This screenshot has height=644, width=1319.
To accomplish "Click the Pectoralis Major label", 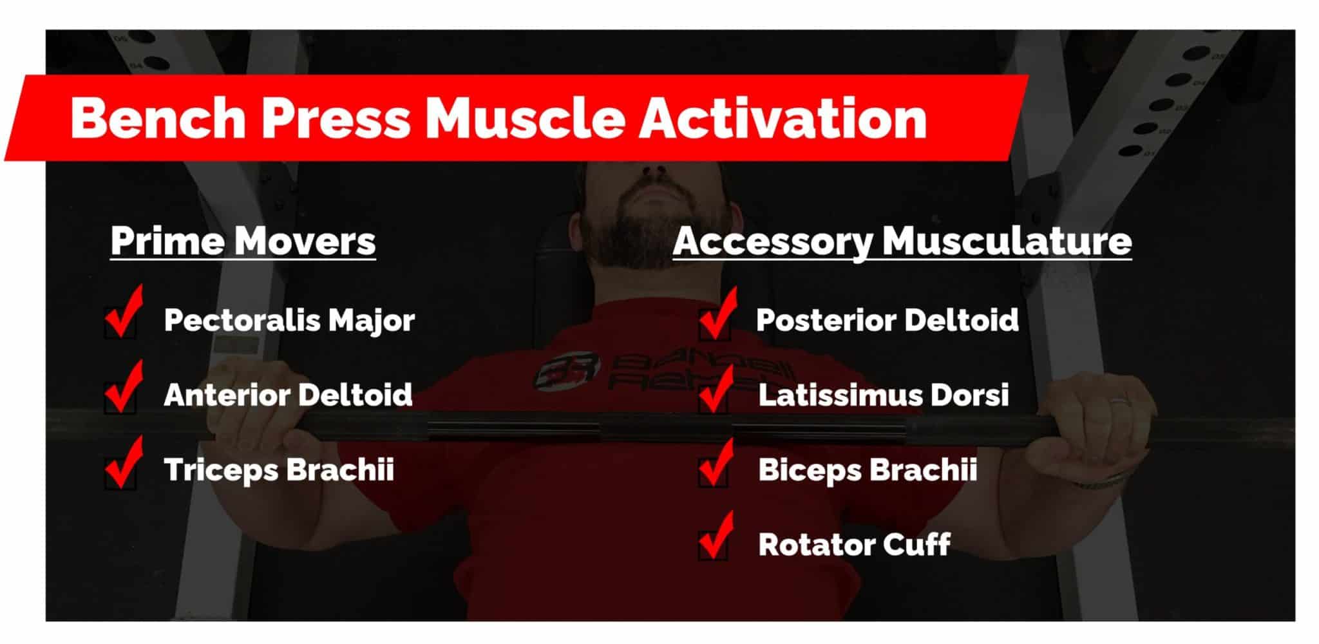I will pyautogui.click(x=289, y=320).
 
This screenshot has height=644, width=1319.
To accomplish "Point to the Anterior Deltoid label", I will pyautogui.click(x=288, y=395).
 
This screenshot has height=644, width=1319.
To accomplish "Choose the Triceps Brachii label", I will pyautogui.click(x=279, y=469).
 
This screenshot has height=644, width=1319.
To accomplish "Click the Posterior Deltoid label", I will pyautogui.click(x=887, y=320).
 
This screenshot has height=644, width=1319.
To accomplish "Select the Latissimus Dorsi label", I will pyautogui.click(x=884, y=395).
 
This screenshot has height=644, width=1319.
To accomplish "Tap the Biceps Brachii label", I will pyautogui.click(x=868, y=469).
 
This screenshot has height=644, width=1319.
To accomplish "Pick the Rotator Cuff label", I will pyautogui.click(x=854, y=545).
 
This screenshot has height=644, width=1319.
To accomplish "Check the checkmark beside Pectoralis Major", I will pyautogui.click(x=123, y=314).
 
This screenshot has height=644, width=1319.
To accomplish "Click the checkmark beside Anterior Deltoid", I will pyautogui.click(x=123, y=388).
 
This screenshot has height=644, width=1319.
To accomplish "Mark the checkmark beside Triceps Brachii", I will pyautogui.click(x=123, y=464).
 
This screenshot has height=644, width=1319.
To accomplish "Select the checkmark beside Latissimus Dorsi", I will pyautogui.click(x=715, y=390).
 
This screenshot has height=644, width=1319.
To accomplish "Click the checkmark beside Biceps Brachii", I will pyautogui.click(x=715, y=464).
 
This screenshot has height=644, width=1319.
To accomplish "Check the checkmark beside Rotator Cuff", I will pyautogui.click(x=715, y=538).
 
